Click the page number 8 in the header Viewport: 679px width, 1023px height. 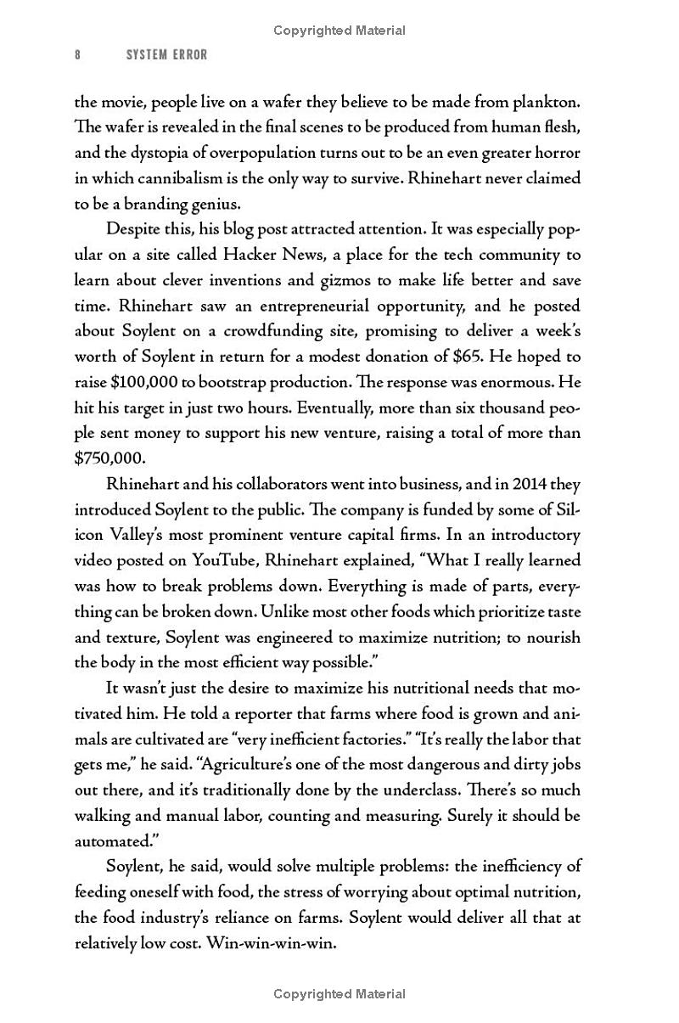(78, 54)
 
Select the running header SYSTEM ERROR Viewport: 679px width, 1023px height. (166, 54)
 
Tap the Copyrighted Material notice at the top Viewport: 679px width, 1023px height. (339, 31)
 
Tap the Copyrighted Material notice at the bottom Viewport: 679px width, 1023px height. (339, 994)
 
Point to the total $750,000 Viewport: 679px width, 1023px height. (110, 458)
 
